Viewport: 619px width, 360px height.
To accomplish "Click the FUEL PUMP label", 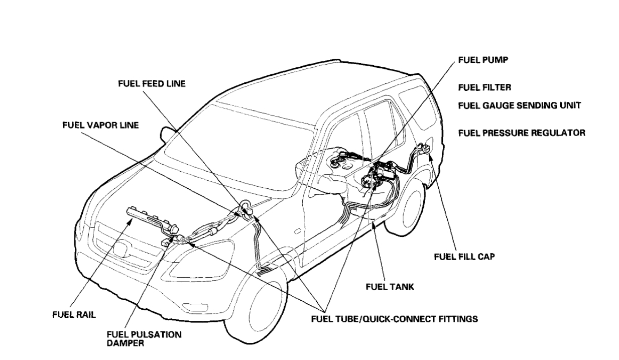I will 482,59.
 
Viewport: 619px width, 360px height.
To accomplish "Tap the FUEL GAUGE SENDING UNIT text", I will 520,106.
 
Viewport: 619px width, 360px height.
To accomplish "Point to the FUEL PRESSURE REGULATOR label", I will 522,133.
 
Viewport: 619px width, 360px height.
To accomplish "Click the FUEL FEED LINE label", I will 152,84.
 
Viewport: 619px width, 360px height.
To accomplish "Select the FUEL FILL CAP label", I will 464,257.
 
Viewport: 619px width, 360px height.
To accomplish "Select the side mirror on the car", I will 167,134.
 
